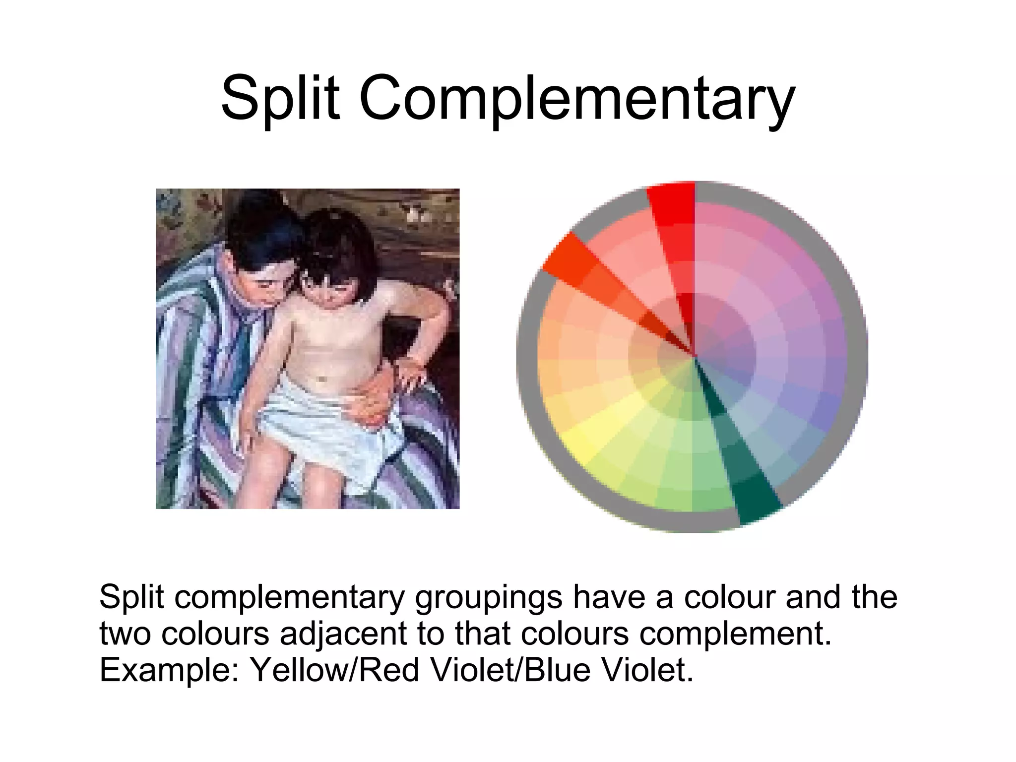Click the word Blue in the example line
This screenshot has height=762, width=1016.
[556, 670]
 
